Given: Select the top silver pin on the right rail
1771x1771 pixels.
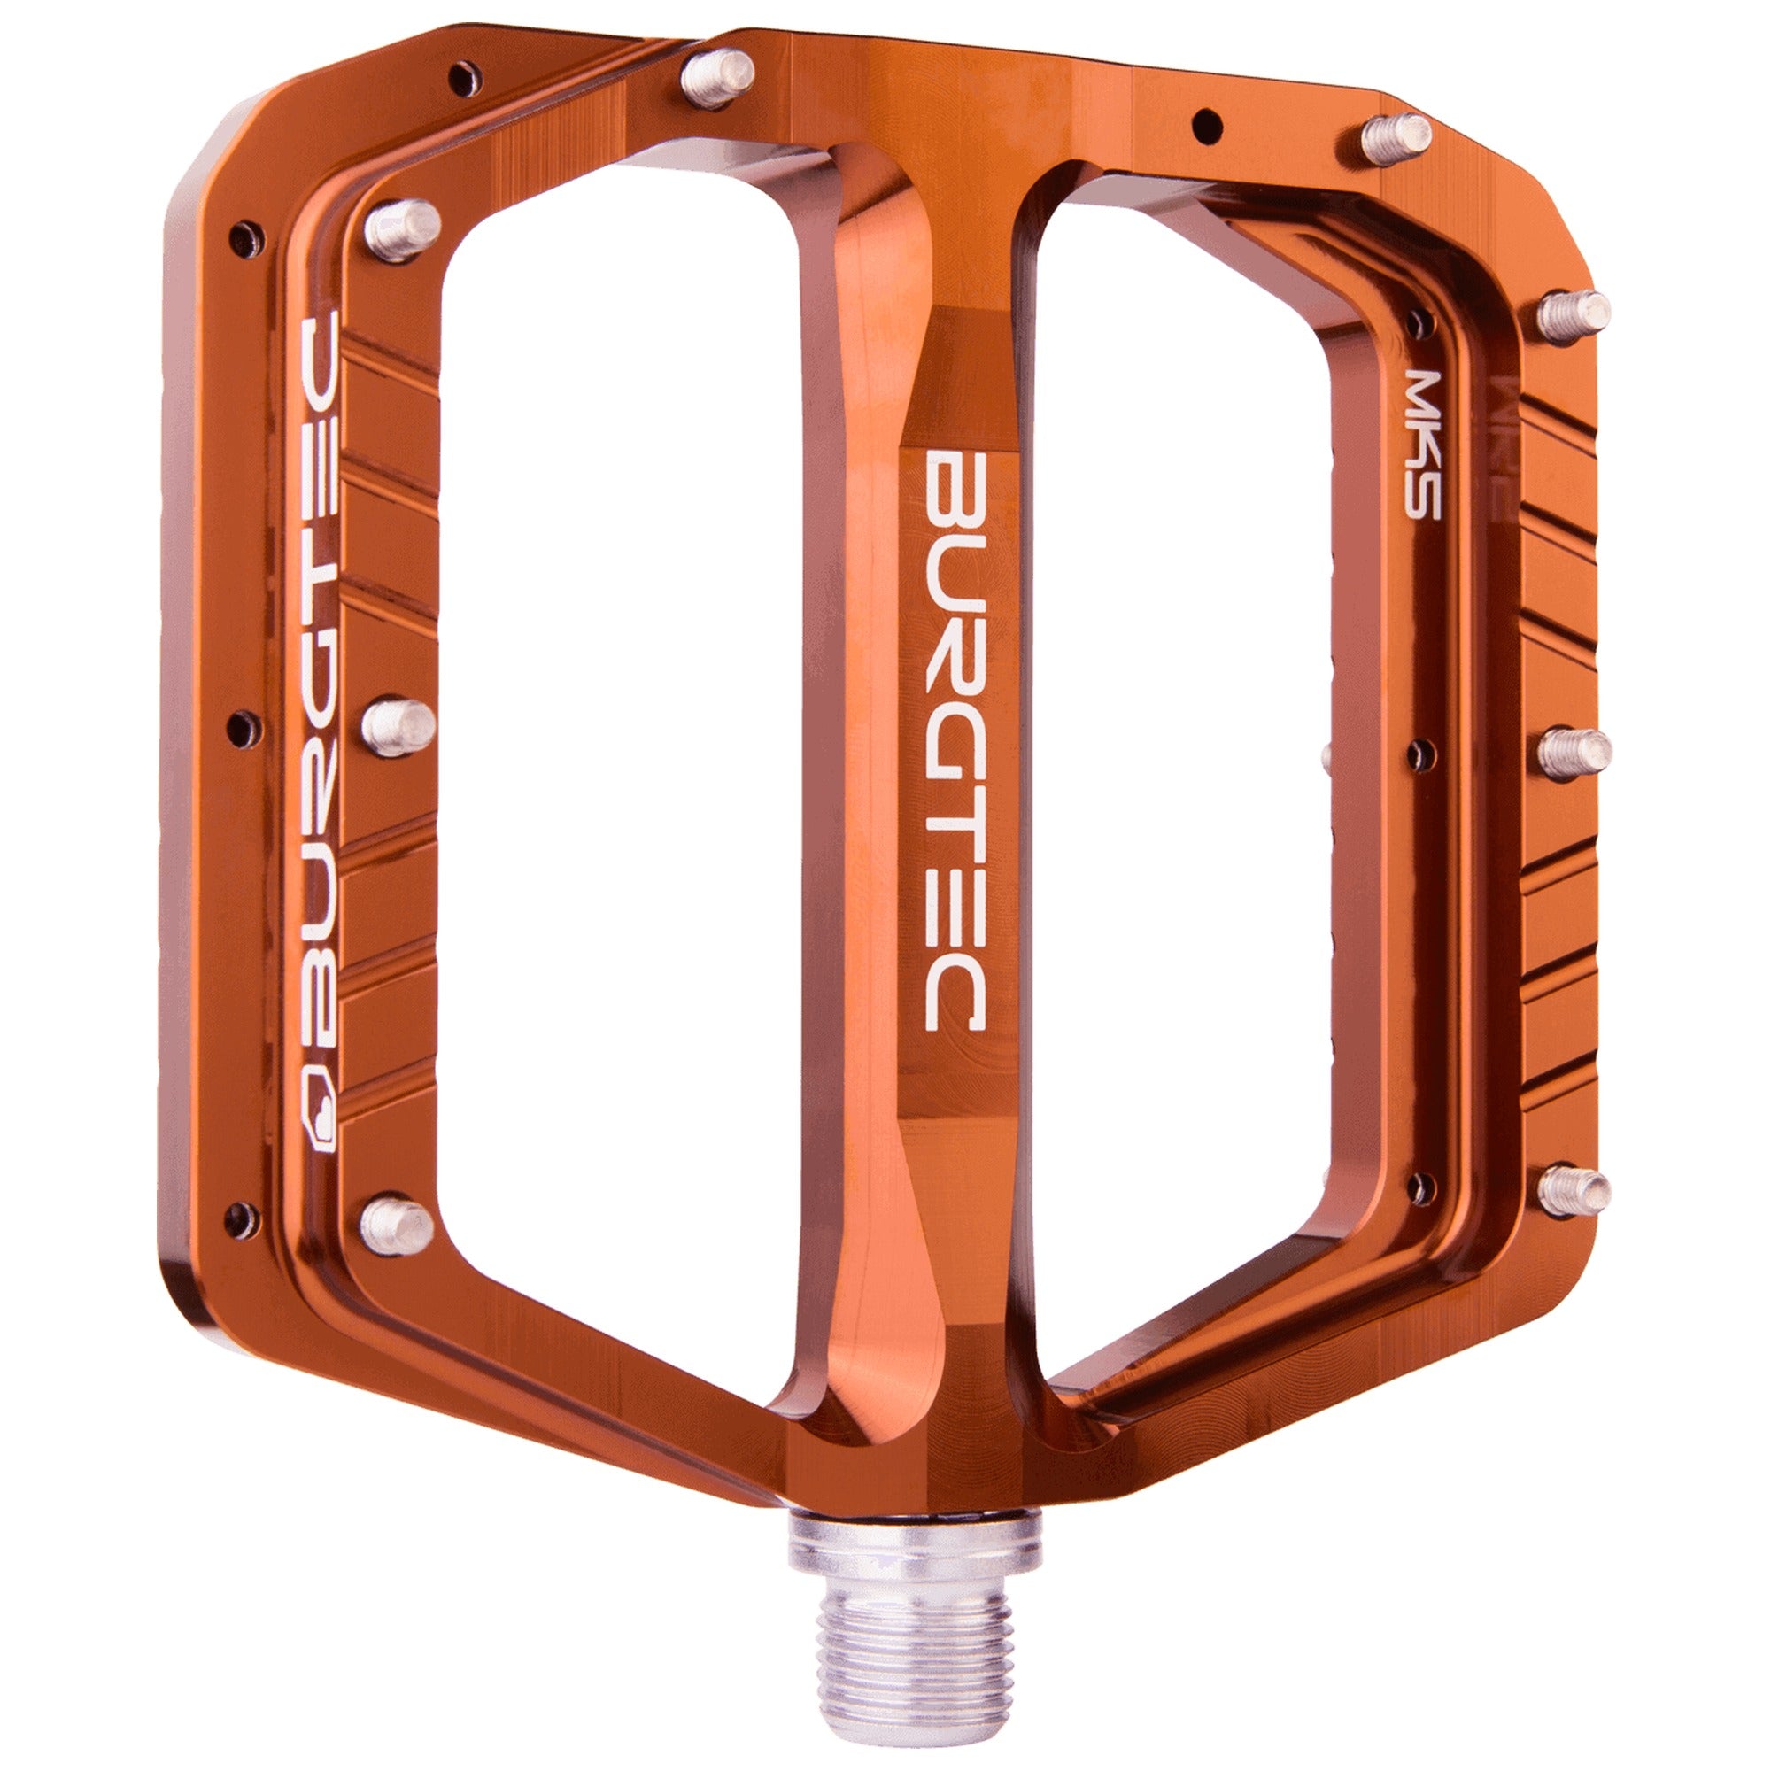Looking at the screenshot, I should pos(1573,313).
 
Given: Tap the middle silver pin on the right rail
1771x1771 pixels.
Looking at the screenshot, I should pos(1573,749).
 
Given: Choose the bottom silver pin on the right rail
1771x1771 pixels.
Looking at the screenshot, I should pos(1573,1190).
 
